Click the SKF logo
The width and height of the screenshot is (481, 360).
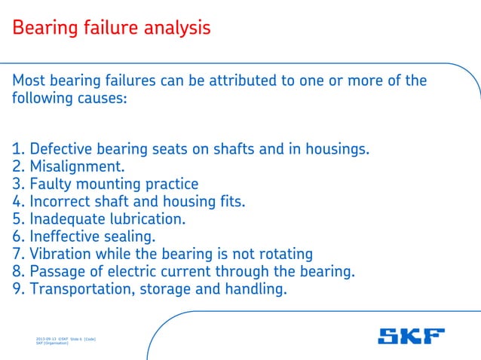point(411,336)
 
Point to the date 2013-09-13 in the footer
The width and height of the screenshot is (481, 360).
point(47,340)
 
